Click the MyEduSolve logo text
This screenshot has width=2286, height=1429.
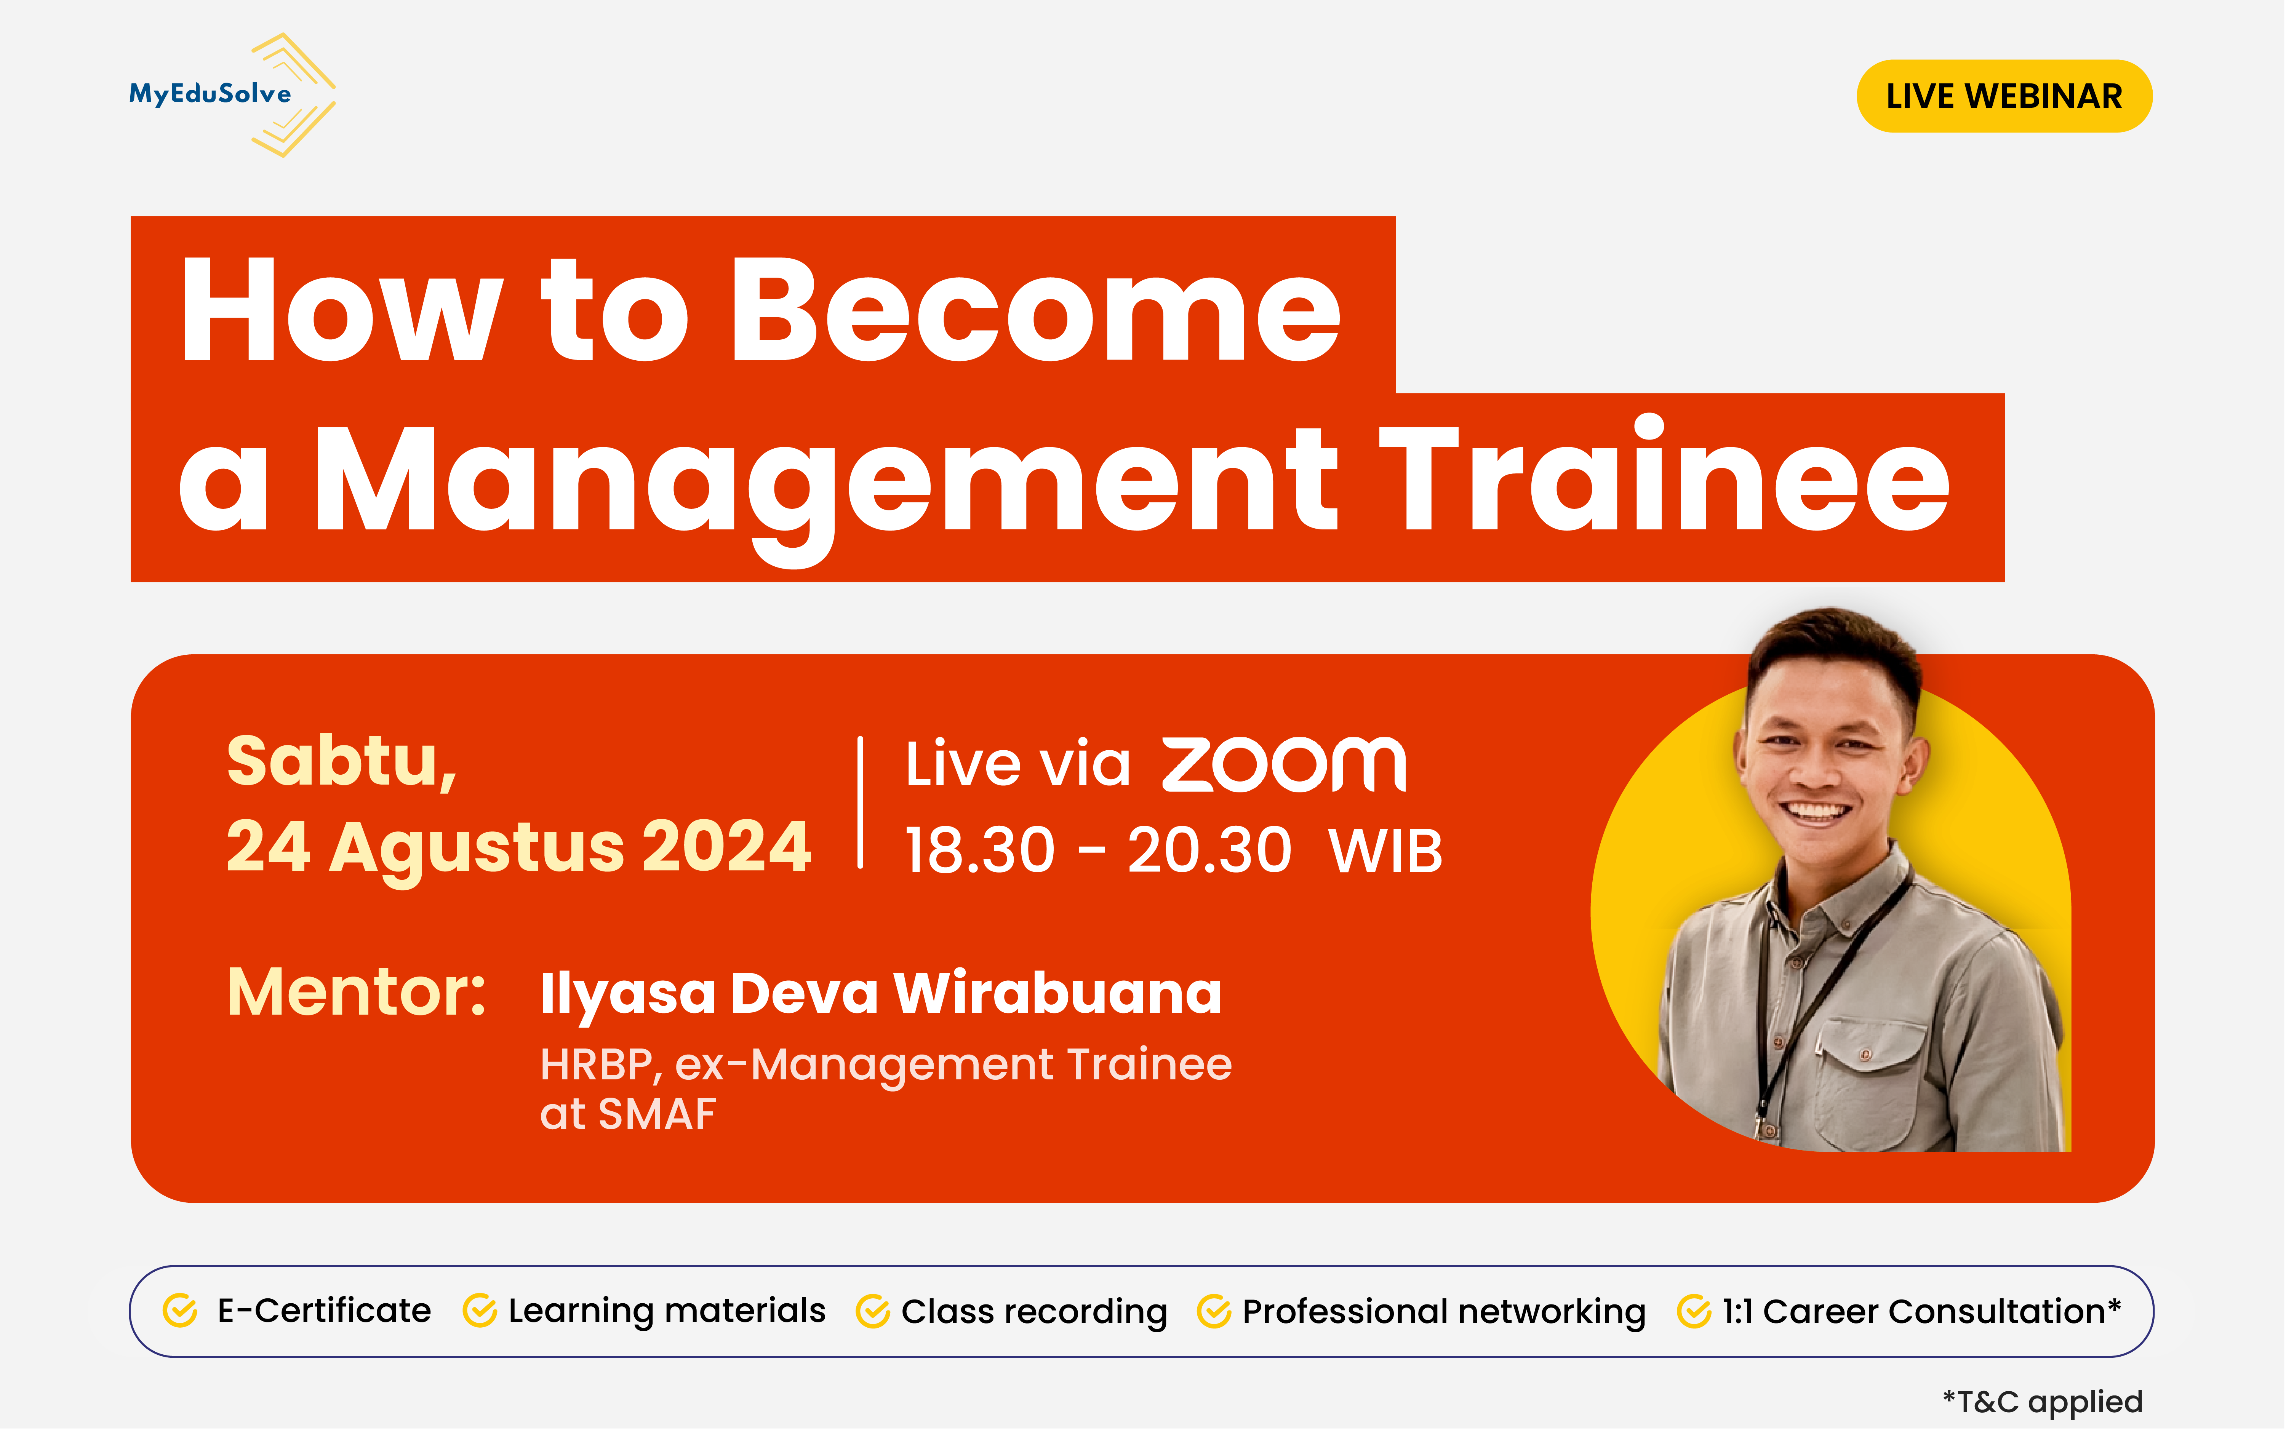click(210, 94)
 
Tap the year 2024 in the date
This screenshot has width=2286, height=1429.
click(726, 847)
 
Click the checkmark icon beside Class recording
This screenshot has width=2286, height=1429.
click(872, 1312)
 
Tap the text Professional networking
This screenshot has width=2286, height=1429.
click(1443, 1312)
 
